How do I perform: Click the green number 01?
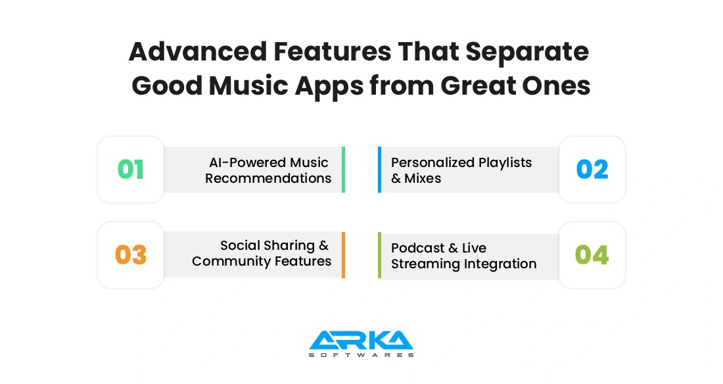tap(131, 170)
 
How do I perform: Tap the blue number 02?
tap(592, 170)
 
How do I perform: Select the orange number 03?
tap(131, 255)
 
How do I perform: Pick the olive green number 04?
tap(592, 255)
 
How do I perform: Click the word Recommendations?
tap(268, 178)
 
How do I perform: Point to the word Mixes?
tap(422, 178)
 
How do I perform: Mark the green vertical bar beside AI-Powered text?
tap(343, 170)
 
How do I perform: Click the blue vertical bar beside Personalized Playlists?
tap(379, 170)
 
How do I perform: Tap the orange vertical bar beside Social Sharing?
tap(343, 255)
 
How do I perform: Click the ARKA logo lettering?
tap(361, 340)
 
